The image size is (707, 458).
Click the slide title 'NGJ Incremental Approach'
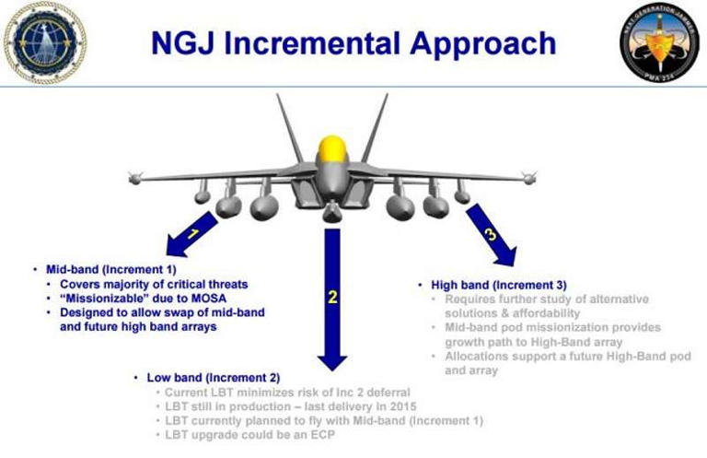(x=353, y=42)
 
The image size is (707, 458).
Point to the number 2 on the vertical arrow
(x=333, y=297)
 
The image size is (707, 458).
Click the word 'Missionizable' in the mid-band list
(x=111, y=299)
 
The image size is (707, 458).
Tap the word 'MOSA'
(x=206, y=299)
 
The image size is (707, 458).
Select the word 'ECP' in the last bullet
(x=319, y=434)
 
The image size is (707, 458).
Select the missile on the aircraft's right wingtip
(x=527, y=176)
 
